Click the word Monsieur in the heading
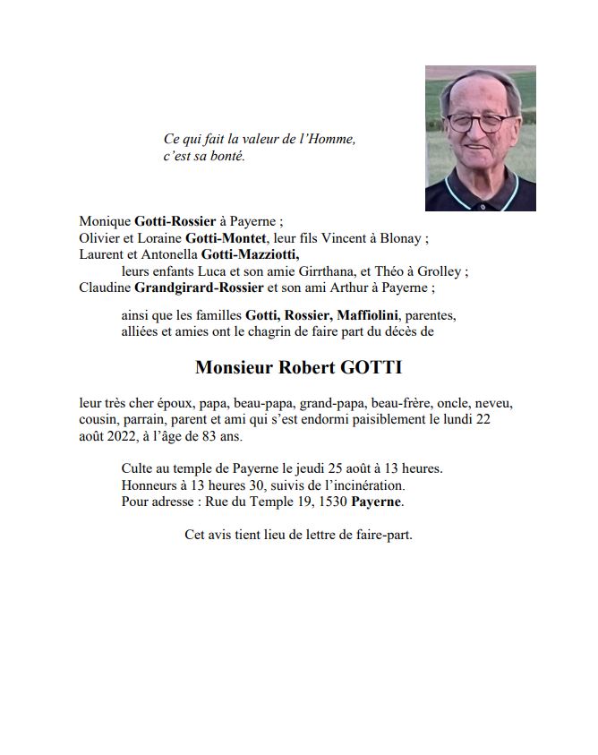click(x=237, y=368)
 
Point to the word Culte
click(x=138, y=468)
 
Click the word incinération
click(x=368, y=485)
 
